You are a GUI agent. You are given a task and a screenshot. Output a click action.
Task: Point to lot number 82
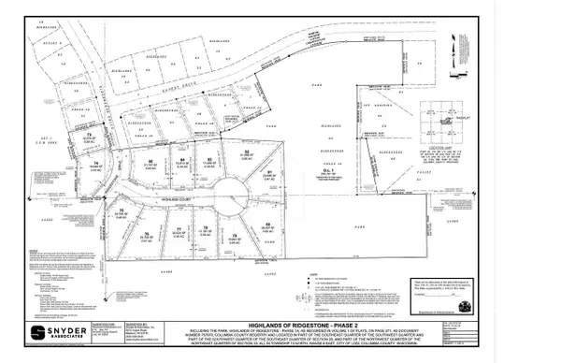[246, 152]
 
